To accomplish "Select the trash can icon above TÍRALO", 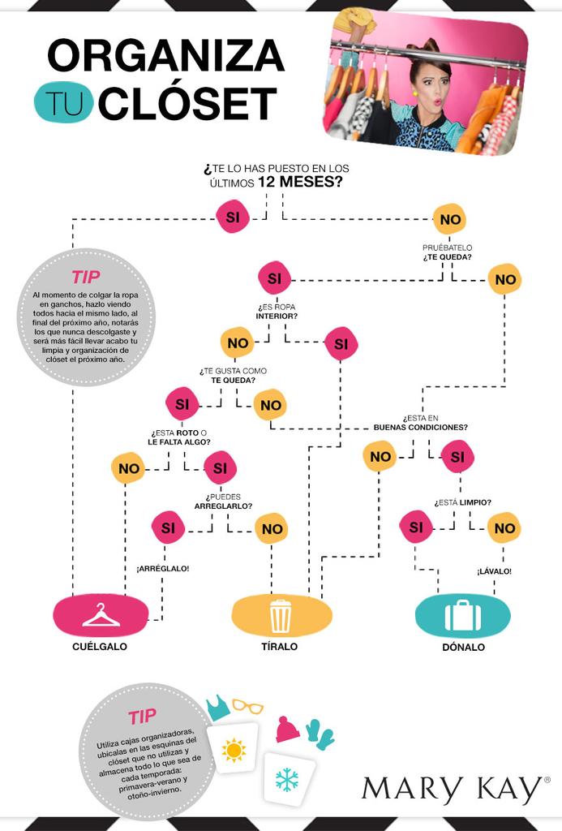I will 281,616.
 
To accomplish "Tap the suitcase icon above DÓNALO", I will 462,616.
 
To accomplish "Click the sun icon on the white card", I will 234,750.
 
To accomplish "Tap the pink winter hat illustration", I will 287,729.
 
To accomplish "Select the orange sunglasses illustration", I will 247,706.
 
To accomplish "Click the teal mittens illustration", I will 320,734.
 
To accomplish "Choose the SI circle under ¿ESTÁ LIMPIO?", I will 416,527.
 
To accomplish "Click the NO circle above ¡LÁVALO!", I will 504,527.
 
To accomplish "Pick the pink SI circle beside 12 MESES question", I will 232,217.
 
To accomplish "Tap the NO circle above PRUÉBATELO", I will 450,219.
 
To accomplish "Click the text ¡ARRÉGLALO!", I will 163,568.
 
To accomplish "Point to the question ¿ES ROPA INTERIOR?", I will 277,311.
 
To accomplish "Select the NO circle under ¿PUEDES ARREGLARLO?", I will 272,529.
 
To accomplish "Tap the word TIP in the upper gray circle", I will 85,277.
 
